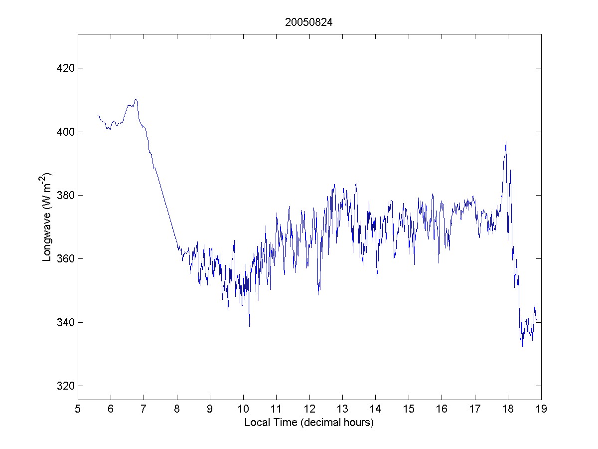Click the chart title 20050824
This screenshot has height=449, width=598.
tap(309, 22)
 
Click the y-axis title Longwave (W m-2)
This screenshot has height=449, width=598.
tap(48, 218)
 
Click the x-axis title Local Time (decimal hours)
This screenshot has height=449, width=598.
tap(309, 423)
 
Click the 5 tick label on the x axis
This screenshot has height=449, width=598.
tap(78, 409)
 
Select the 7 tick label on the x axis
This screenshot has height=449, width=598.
tap(144, 409)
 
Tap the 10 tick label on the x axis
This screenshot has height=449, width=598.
tap(243, 409)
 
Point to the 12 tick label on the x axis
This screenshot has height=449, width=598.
tap(309, 409)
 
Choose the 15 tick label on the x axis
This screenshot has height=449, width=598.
tap(409, 409)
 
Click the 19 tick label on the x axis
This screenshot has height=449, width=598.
tap(541, 409)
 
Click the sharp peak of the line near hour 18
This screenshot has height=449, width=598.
tap(506, 141)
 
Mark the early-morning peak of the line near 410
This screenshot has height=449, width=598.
tap(136, 99)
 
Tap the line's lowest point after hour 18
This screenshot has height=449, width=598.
tap(522, 346)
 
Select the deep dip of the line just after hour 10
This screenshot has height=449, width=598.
tap(249, 326)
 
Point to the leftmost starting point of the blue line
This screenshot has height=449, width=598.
tap(98, 115)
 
